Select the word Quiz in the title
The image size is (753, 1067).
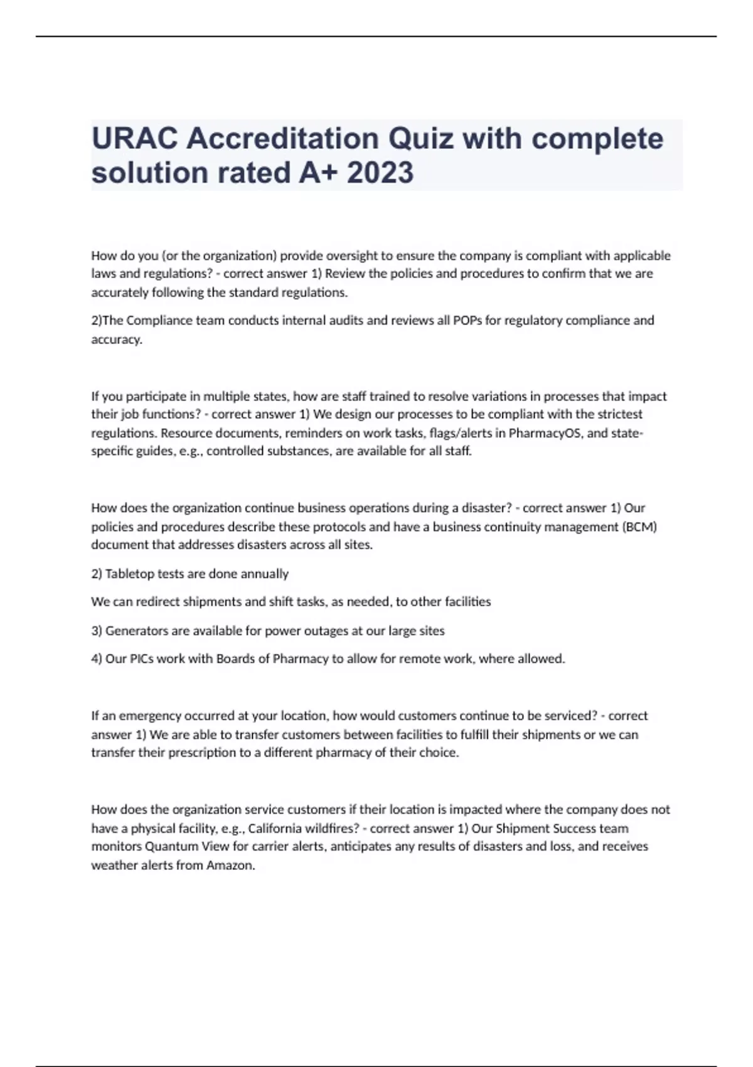421,139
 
